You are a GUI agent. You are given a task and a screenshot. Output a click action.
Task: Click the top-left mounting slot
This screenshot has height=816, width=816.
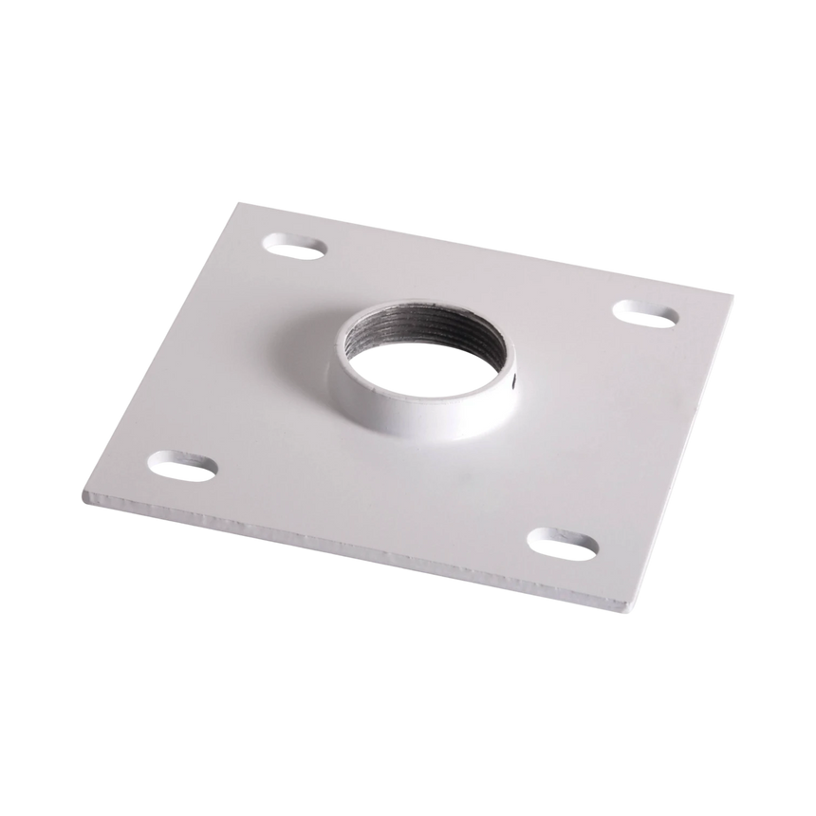click(x=296, y=248)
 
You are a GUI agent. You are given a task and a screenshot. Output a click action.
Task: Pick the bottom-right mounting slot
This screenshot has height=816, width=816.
click(x=566, y=544)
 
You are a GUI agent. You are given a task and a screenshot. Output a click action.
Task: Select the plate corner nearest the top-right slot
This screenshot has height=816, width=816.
click(x=733, y=293)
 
